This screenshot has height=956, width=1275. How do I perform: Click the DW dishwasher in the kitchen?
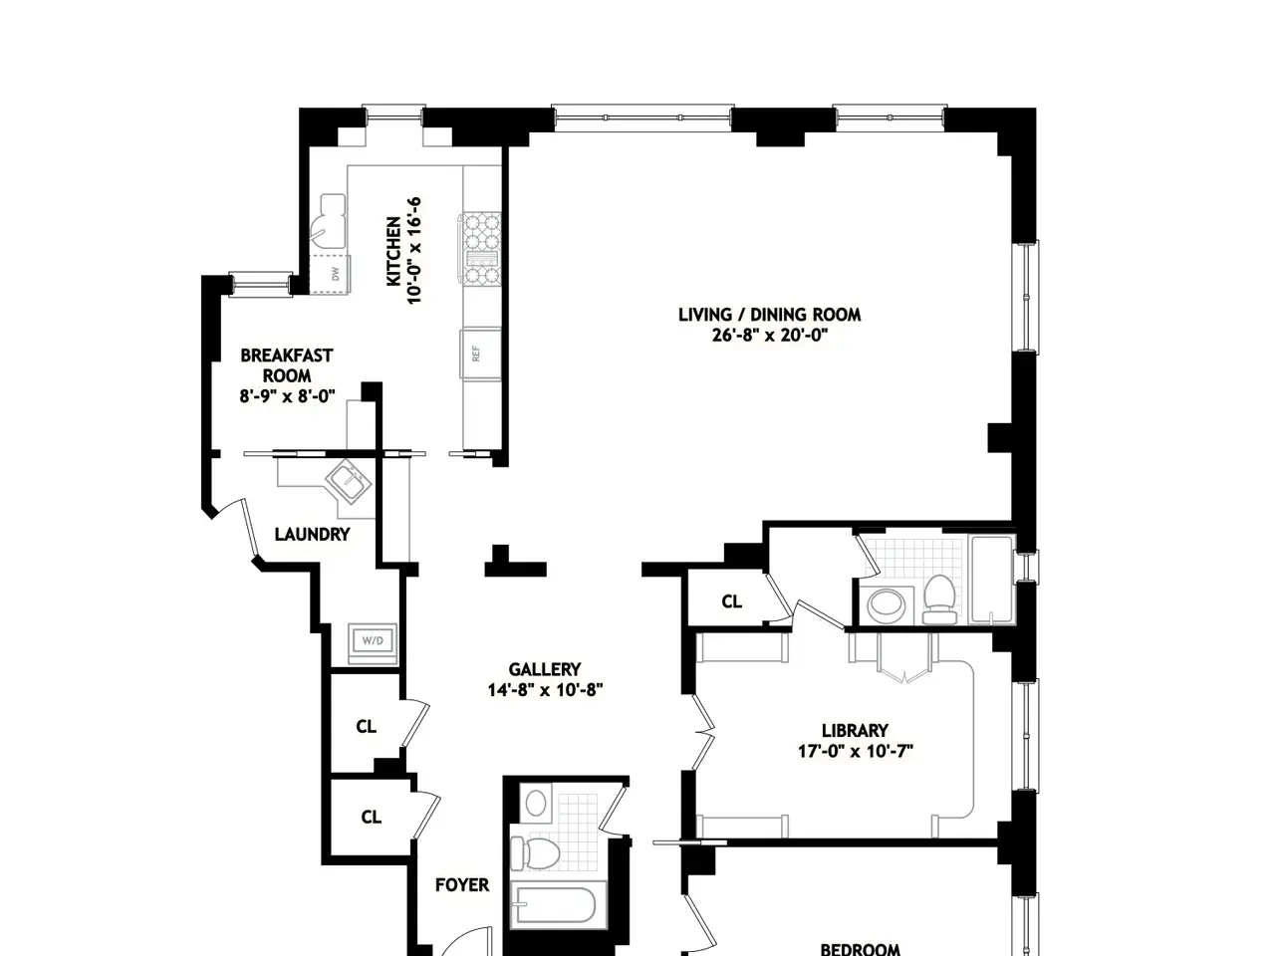pyautogui.click(x=330, y=274)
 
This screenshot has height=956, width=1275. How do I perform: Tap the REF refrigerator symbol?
pyautogui.click(x=480, y=354)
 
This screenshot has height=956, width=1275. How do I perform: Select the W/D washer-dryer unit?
pyautogui.click(x=373, y=640)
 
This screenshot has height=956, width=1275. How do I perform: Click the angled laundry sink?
pyautogui.click(x=348, y=481)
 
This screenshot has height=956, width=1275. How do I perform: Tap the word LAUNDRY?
pyautogui.click(x=312, y=534)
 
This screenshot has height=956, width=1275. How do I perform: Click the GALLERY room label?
pyautogui.click(x=544, y=669)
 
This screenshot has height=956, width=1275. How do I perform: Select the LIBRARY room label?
pyautogui.click(x=855, y=730)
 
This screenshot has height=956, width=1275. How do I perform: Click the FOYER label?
pyautogui.click(x=462, y=884)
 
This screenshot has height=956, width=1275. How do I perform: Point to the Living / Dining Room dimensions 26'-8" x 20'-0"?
pyautogui.click(x=770, y=335)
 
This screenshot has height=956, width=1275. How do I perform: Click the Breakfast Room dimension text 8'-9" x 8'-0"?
pyautogui.click(x=288, y=396)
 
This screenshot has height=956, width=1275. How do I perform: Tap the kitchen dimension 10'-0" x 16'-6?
pyautogui.click(x=413, y=251)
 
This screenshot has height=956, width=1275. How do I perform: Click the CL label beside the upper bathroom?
pyautogui.click(x=731, y=601)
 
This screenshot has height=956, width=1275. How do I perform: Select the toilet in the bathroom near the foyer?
pyautogui.click(x=534, y=852)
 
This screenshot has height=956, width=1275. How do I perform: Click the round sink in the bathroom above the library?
pyautogui.click(x=886, y=604)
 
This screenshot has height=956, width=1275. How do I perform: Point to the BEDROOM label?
pyautogui.click(x=860, y=949)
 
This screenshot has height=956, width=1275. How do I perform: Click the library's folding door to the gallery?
pyautogui.click(x=703, y=733)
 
